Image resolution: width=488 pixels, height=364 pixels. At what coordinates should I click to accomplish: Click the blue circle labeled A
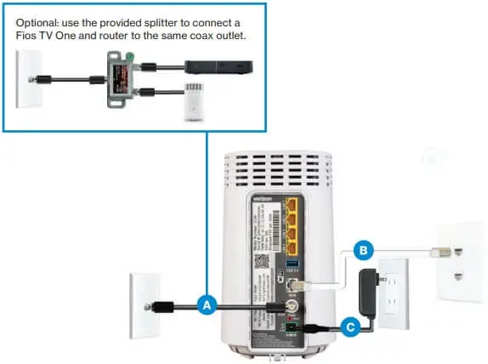(205, 304)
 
